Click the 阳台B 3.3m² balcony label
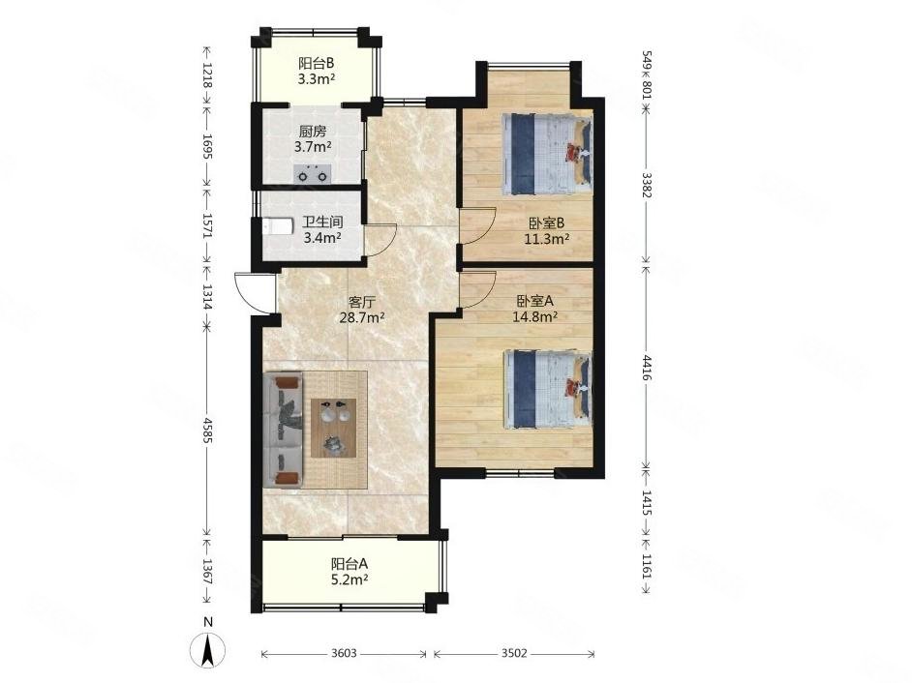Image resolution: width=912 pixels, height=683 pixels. pyautogui.click(x=316, y=71)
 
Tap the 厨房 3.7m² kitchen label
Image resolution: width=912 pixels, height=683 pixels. pyautogui.click(x=313, y=139)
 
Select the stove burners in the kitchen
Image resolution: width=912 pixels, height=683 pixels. pyautogui.click(x=313, y=174)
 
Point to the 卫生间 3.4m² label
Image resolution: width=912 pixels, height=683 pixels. pyautogui.click(x=322, y=229)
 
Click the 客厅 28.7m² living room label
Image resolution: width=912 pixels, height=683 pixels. pyautogui.click(x=362, y=310)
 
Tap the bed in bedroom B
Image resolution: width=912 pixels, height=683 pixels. pyautogui.click(x=547, y=154)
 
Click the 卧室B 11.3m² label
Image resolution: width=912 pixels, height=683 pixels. pyautogui.click(x=547, y=230)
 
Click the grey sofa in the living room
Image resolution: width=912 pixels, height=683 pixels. pyautogui.click(x=284, y=430)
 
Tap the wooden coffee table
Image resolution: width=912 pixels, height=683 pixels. pyautogui.click(x=333, y=428)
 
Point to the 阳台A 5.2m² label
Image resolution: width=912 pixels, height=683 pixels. pyautogui.click(x=350, y=571)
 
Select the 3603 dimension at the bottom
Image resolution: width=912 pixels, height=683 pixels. pyautogui.click(x=344, y=653)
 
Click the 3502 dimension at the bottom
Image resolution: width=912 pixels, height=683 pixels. pyautogui.click(x=514, y=653)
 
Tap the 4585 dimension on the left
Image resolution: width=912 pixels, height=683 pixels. pyautogui.click(x=207, y=429)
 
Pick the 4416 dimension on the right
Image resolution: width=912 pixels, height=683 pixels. pyautogui.click(x=646, y=367)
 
